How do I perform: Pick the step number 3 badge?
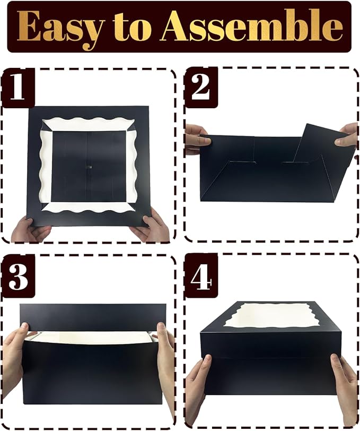(x=17, y=275)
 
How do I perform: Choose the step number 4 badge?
(x=201, y=275)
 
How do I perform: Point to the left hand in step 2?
(x=195, y=140)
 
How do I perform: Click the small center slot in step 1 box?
(x=90, y=168)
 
